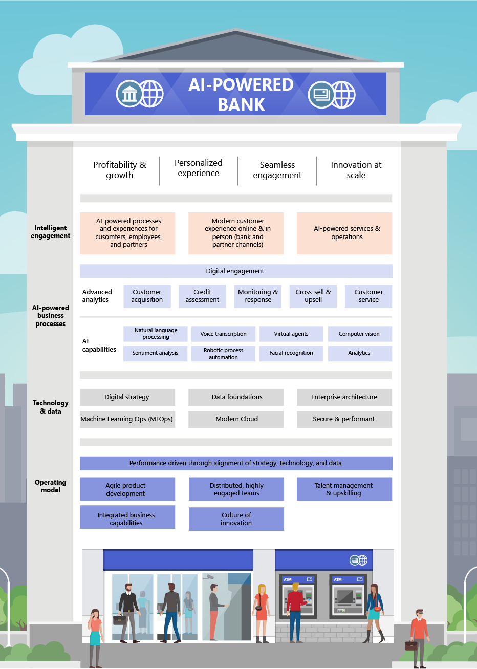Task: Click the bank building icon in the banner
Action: (x=129, y=94)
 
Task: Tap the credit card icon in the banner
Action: (x=321, y=94)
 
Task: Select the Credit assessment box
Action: (x=202, y=296)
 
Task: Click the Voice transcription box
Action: (x=223, y=334)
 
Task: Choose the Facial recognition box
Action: (x=291, y=353)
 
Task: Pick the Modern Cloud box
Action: (x=236, y=419)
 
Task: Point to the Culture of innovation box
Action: (x=236, y=519)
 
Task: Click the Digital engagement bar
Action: (x=236, y=271)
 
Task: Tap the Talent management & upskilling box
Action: (x=344, y=489)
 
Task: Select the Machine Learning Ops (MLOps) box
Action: (x=127, y=419)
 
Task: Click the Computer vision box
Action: (x=360, y=334)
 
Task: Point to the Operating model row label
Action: (x=51, y=486)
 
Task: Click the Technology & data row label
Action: (x=51, y=407)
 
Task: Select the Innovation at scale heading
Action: (x=356, y=170)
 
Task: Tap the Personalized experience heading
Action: (x=199, y=168)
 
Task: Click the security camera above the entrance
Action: (x=208, y=576)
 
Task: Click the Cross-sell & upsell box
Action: (x=313, y=296)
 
